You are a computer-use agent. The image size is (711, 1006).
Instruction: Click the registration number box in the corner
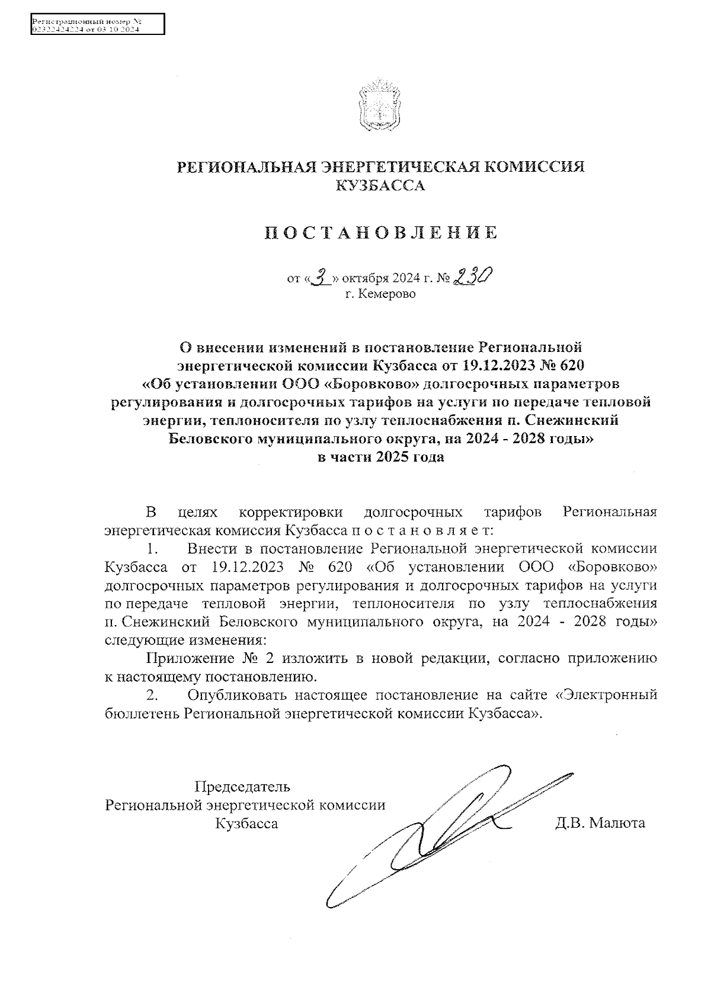98,25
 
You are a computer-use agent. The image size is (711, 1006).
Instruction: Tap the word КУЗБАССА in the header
380,185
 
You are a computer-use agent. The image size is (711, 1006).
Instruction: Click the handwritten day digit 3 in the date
322,277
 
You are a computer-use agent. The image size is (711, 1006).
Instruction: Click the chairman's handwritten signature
438,829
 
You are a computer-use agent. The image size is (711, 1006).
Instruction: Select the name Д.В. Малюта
600,822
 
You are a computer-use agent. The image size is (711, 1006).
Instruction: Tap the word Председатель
242,787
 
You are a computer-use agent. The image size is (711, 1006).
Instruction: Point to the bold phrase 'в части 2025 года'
380,457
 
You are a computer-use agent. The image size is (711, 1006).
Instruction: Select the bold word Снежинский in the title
572,420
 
